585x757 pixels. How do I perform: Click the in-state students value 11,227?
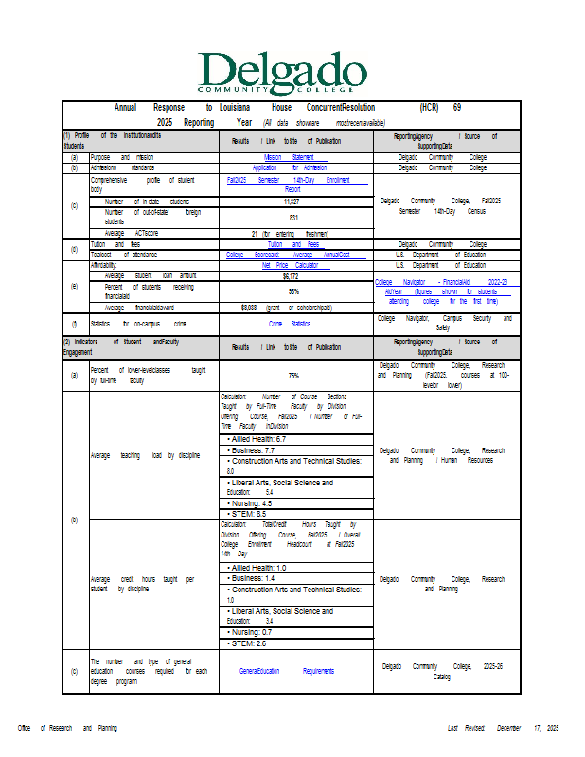[x=292, y=202]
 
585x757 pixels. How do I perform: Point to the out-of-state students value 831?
[x=293, y=217]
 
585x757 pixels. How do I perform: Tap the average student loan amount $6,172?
[x=291, y=276]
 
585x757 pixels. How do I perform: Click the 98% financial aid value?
[x=293, y=291]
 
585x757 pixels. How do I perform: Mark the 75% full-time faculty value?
[x=293, y=376]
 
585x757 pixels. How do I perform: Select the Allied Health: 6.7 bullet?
[x=257, y=439]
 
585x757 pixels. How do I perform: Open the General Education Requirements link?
[x=287, y=671]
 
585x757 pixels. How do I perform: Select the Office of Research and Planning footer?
[x=67, y=728]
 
